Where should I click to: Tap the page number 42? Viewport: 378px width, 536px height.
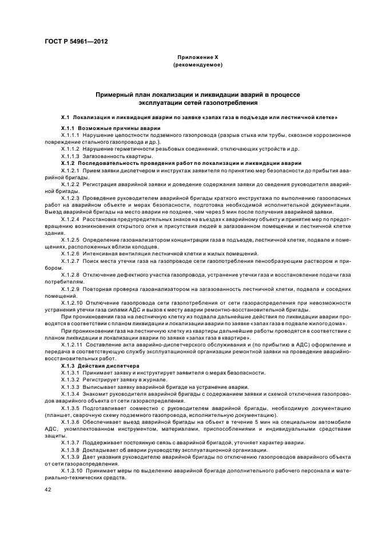(49, 488)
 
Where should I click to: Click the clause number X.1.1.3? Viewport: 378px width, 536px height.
(71, 156)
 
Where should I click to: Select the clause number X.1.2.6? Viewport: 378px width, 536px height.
(71, 254)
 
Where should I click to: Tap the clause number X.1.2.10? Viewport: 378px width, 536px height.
(72, 302)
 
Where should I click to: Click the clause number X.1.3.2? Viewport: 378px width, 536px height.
(71, 379)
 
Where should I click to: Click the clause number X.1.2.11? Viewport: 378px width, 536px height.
(72, 344)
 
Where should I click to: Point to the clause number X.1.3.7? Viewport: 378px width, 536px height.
(71, 442)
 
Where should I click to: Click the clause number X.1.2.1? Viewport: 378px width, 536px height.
(71, 171)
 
